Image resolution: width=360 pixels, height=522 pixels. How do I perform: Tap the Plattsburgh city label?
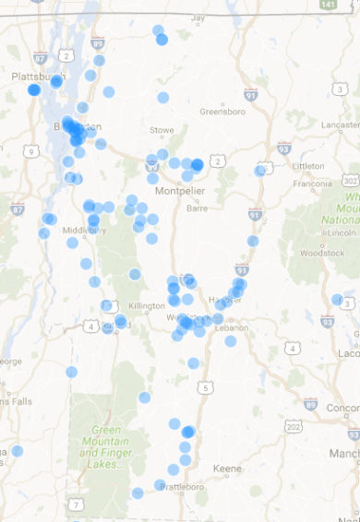(x=29, y=77)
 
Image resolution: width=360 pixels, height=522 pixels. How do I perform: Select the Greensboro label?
(x=219, y=112)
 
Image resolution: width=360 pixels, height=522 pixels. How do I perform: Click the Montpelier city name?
(x=178, y=191)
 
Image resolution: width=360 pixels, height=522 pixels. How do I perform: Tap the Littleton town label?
(x=307, y=166)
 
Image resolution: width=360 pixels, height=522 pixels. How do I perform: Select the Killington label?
(x=148, y=305)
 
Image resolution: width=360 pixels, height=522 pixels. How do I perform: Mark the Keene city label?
(x=227, y=469)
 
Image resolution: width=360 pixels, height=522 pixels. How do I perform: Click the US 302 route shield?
(x=351, y=181)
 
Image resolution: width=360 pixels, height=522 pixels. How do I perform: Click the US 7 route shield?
(x=76, y=504)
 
